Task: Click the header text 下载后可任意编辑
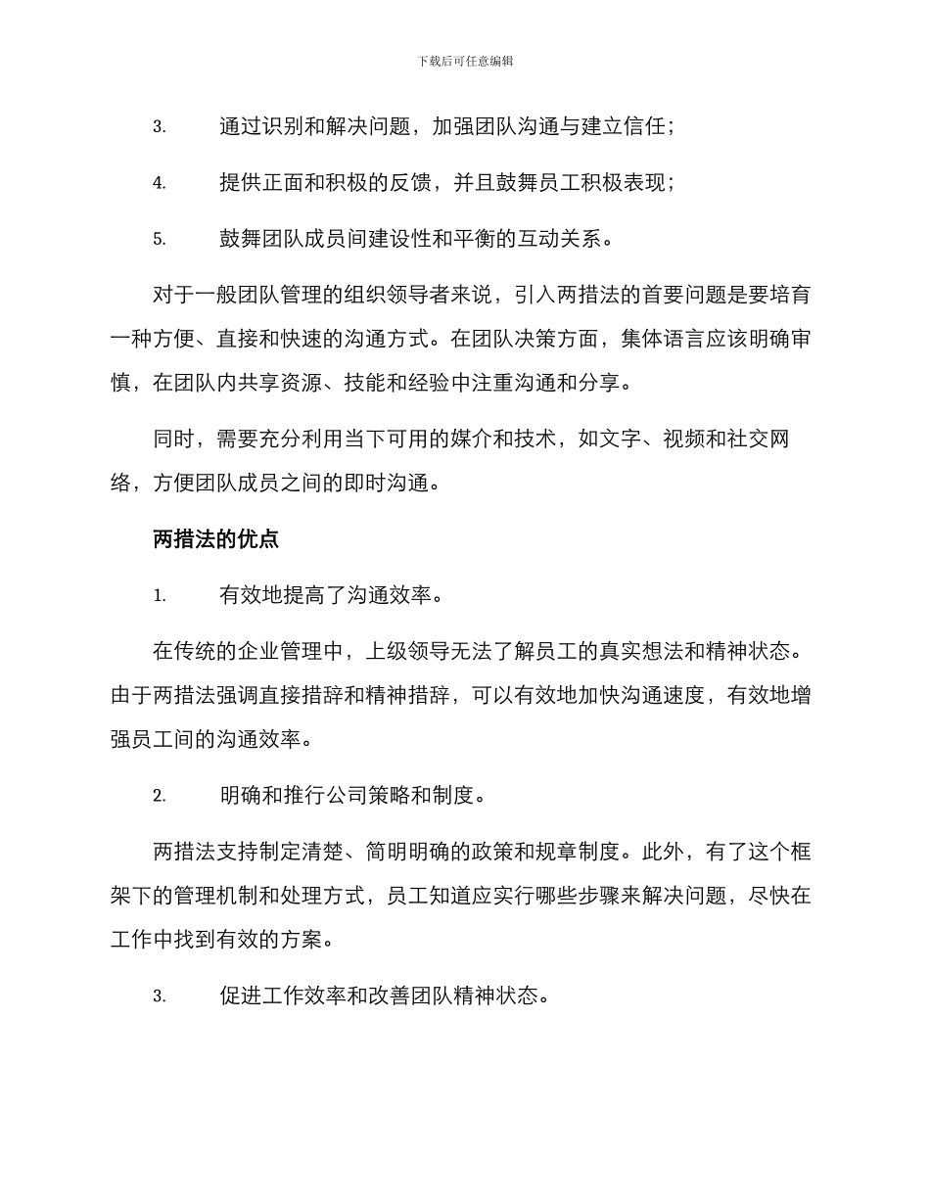point(465,61)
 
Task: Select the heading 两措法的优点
point(216,538)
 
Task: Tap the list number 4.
point(159,183)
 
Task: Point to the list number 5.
point(159,239)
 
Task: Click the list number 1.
point(159,595)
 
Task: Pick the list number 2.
point(159,796)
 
